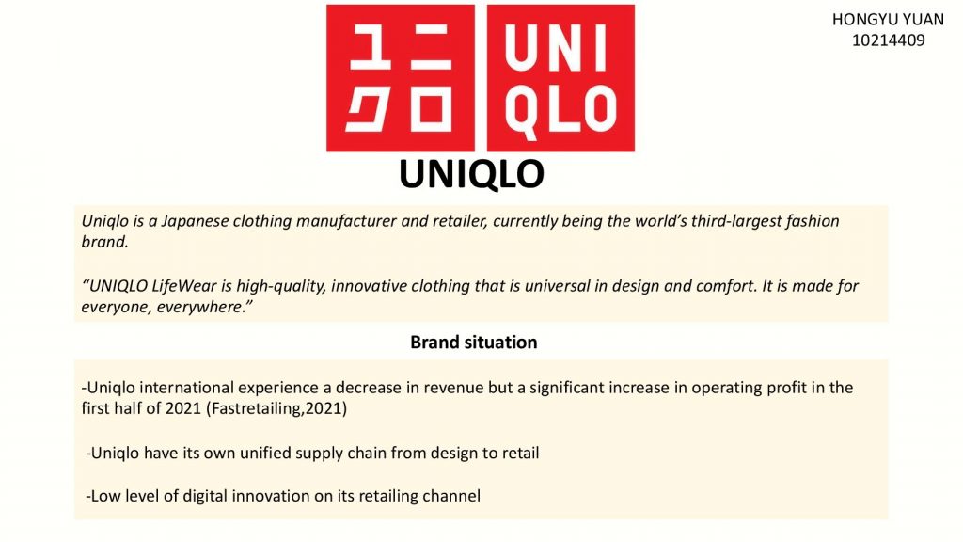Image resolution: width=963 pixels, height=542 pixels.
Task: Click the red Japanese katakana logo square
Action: click(x=401, y=78)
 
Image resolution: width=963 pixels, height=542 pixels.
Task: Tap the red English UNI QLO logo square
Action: click(x=560, y=78)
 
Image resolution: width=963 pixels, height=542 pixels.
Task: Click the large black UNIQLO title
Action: click(x=472, y=174)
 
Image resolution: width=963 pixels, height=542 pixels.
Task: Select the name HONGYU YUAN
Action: click(x=888, y=20)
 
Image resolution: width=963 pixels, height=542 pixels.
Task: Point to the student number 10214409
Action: click(x=888, y=40)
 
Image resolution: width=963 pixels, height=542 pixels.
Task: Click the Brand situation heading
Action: click(x=474, y=343)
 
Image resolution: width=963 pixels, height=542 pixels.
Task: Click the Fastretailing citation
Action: click(x=276, y=408)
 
